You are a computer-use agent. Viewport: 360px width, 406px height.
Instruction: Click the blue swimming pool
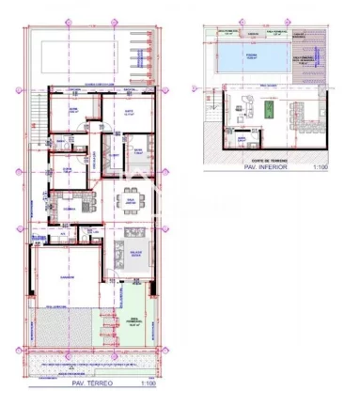pos(251,60)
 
